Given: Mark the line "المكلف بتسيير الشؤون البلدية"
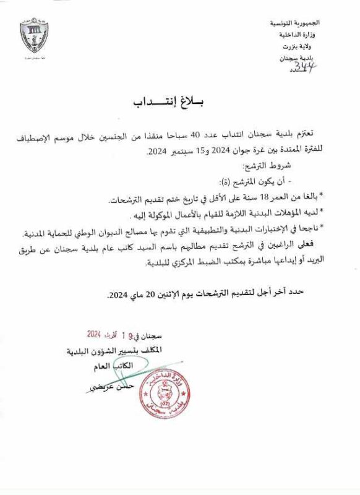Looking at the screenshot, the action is click(x=108, y=350).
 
